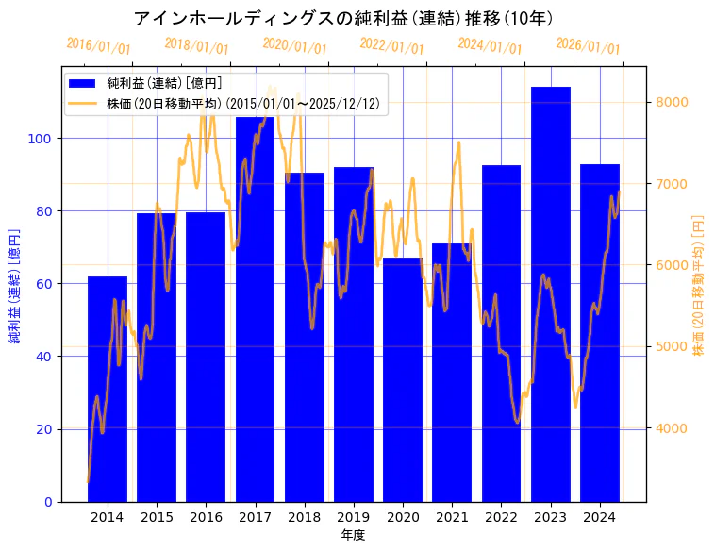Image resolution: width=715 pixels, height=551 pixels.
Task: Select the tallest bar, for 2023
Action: [551, 293]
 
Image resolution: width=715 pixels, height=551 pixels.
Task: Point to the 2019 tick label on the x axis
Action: [354, 517]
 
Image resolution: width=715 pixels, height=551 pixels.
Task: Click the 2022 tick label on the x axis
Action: [502, 517]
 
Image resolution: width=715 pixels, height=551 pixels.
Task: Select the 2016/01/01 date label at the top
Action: [99, 46]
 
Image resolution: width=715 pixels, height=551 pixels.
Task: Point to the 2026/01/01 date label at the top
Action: [589, 46]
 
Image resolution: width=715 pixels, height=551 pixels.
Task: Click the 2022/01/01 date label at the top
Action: [392, 46]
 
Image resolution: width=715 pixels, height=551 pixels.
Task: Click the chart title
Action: [343, 18]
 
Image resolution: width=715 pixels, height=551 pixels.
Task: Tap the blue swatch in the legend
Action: [83, 84]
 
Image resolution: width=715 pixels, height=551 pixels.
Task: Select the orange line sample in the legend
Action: [83, 103]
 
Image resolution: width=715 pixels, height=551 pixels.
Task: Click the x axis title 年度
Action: [354, 535]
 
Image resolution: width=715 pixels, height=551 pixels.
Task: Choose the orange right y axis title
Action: [699, 285]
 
